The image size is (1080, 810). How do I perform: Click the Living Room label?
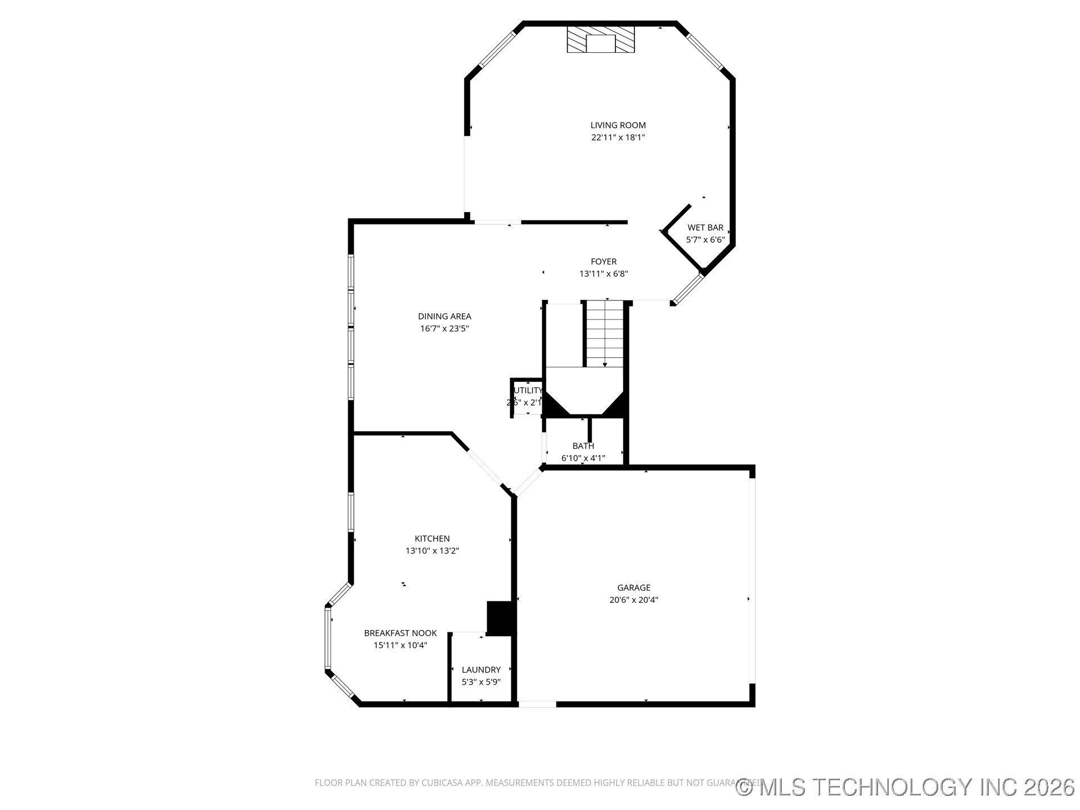click(x=618, y=125)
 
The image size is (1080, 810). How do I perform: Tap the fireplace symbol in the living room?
click(x=600, y=40)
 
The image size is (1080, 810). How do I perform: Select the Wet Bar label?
click(x=705, y=228)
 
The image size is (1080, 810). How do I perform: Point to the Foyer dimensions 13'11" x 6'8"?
click(x=604, y=274)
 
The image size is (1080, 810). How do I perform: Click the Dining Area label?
click(x=444, y=317)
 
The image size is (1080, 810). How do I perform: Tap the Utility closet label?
click(x=528, y=390)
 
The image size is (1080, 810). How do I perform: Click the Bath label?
click(x=583, y=446)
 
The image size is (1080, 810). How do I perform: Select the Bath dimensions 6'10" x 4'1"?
click(x=583, y=458)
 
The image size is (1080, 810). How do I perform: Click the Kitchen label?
click(x=432, y=539)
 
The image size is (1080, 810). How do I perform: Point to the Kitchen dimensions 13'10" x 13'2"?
click(x=432, y=551)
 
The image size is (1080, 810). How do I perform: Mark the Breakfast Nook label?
click(x=400, y=633)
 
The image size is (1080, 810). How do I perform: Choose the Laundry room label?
click(x=481, y=670)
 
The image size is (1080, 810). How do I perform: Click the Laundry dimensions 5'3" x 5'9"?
click(x=481, y=682)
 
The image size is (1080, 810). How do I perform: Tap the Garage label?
click(x=633, y=588)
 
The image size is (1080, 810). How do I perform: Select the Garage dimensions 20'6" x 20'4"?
click(x=633, y=600)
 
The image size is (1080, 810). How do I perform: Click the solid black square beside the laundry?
click(x=501, y=619)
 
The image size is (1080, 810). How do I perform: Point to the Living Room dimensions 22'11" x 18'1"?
click(x=618, y=138)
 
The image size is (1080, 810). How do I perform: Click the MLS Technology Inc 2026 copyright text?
click(x=905, y=787)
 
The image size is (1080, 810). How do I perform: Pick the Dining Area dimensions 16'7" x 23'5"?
click(x=444, y=329)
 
